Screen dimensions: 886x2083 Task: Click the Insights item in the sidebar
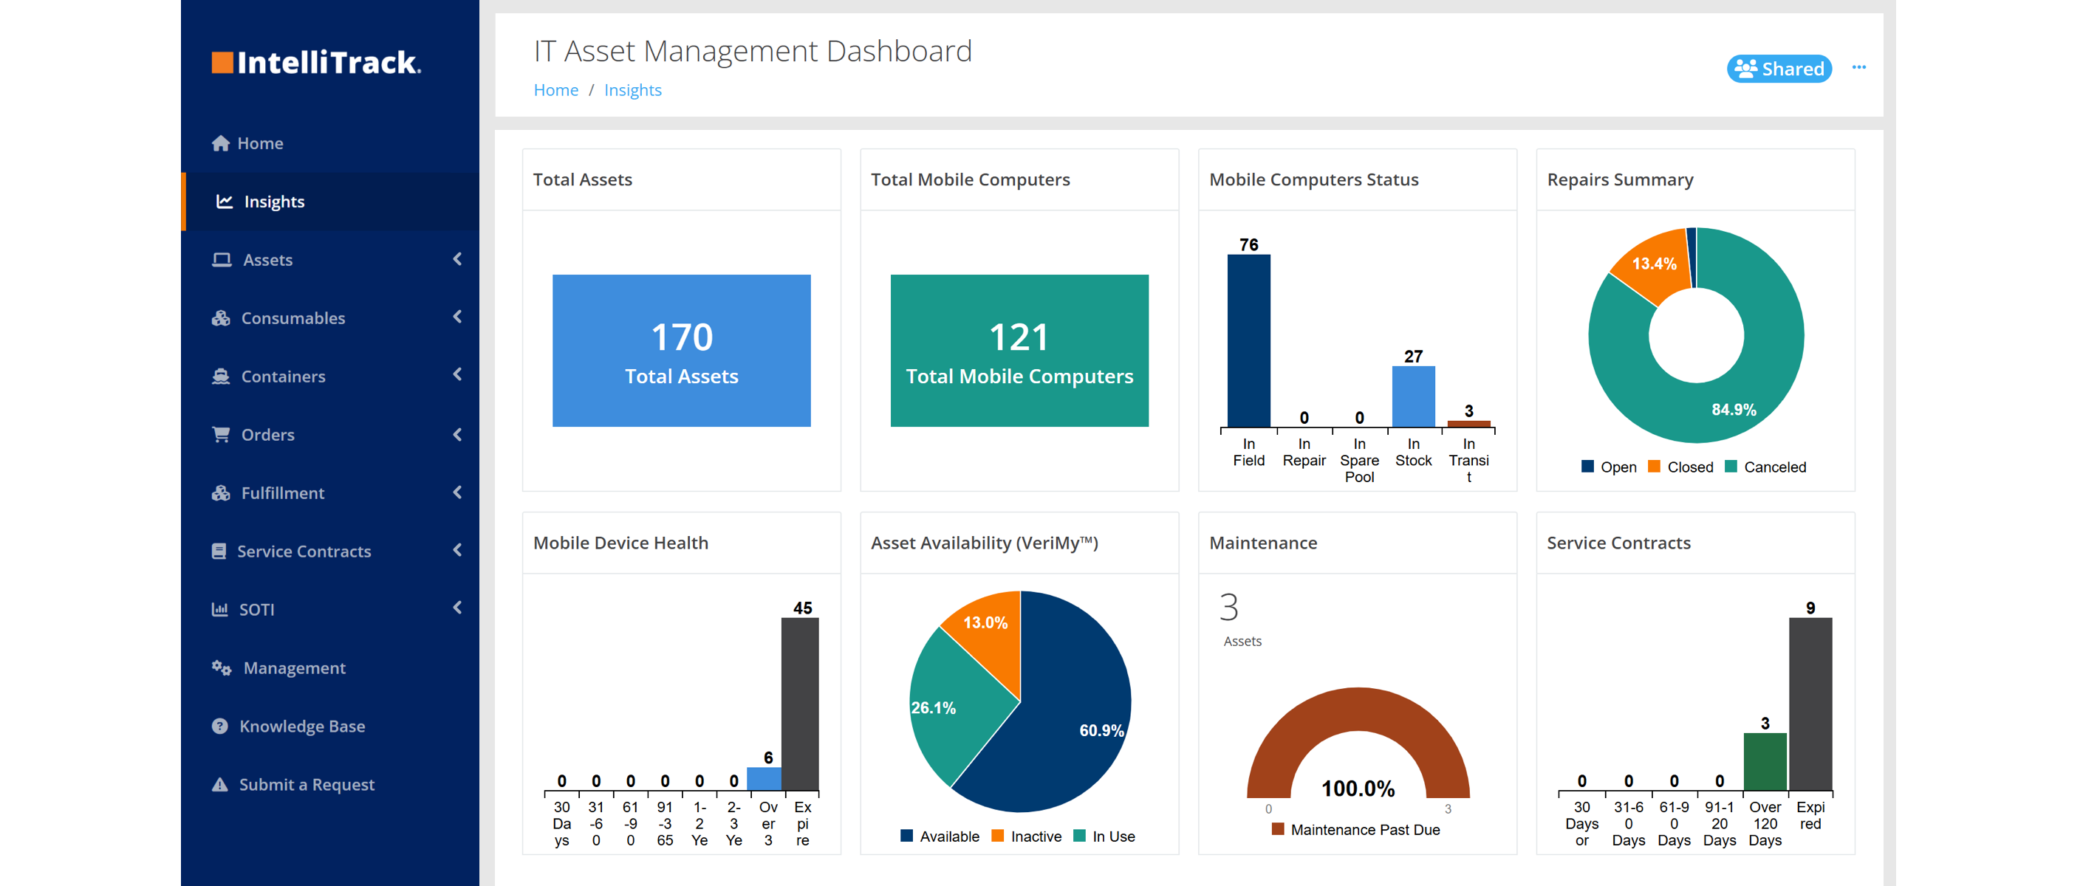coord(273,202)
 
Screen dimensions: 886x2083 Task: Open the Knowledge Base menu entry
coord(301,727)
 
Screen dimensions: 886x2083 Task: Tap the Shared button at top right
coord(1779,69)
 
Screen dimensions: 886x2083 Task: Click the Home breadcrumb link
coord(555,91)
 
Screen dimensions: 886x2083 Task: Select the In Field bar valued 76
coord(1248,340)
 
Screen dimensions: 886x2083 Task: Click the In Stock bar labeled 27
coord(1412,396)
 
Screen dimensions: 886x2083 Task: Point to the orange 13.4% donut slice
coord(1652,267)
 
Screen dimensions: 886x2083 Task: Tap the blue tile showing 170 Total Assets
coord(681,350)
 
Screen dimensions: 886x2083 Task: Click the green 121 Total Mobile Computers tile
coord(1019,350)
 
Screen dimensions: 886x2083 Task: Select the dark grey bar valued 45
coord(800,704)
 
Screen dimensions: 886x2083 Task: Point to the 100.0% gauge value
coord(1358,789)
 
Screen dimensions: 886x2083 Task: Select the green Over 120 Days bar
coord(1765,761)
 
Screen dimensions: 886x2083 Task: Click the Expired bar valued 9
coord(1810,704)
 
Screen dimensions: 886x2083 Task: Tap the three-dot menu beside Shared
coord(1858,68)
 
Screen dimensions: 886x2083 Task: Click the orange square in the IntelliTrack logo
coord(222,63)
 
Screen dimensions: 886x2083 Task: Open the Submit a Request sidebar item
coord(306,785)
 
